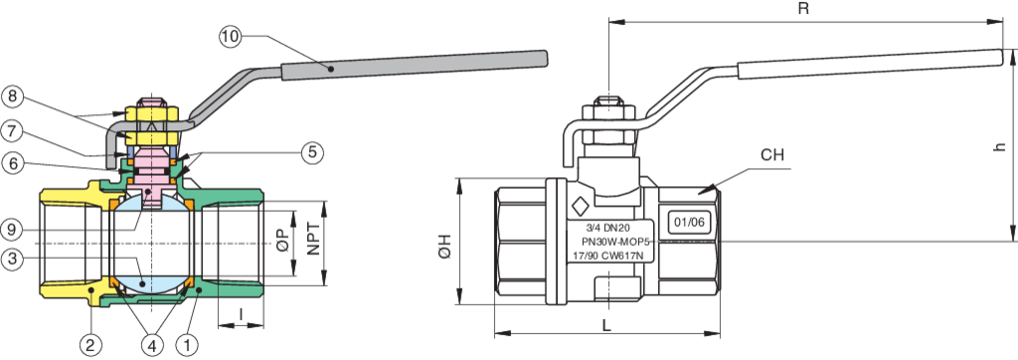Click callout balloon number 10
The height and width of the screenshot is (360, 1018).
[230, 37]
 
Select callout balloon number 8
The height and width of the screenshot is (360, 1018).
[13, 96]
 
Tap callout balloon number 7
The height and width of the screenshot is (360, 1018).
[13, 129]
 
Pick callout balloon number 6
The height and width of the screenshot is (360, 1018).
[13, 163]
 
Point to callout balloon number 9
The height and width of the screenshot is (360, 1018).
[13, 229]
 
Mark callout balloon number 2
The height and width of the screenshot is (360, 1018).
[91, 344]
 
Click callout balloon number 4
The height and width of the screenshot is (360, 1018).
[151, 344]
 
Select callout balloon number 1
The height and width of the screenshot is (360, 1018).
[186, 344]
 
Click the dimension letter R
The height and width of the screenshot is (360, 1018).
[801, 9]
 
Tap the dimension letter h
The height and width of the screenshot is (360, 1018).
[999, 145]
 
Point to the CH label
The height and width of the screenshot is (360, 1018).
[773, 156]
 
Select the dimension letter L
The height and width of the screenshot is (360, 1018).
[605, 324]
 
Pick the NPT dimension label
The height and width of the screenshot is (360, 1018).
[315, 239]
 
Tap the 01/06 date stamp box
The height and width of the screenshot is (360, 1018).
[688, 222]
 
